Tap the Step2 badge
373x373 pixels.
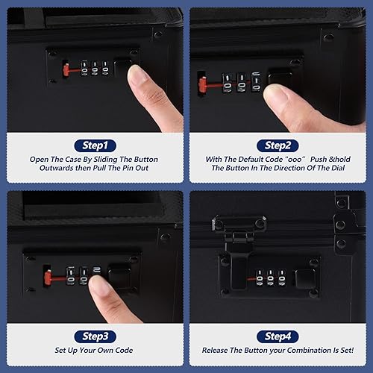click(278, 145)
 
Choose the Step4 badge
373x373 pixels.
click(278, 335)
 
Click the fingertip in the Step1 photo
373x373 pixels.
click(140, 77)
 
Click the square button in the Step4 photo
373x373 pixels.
click(304, 278)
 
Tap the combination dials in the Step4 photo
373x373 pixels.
click(269, 278)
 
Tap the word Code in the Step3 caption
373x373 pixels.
click(134, 350)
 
